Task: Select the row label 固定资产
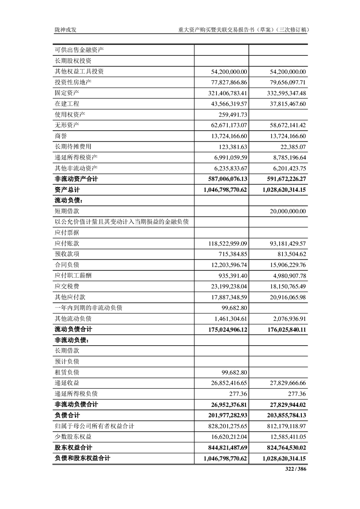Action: (x=67, y=93)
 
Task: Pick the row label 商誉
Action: (x=61, y=136)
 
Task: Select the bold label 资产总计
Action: (x=67, y=190)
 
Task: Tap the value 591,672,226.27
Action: (x=284, y=179)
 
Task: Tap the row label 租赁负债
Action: (x=67, y=372)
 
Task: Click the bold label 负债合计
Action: (x=67, y=416)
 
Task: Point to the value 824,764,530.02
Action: (x=284, y=448)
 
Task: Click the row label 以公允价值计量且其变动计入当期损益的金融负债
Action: (x=122, y=222)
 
